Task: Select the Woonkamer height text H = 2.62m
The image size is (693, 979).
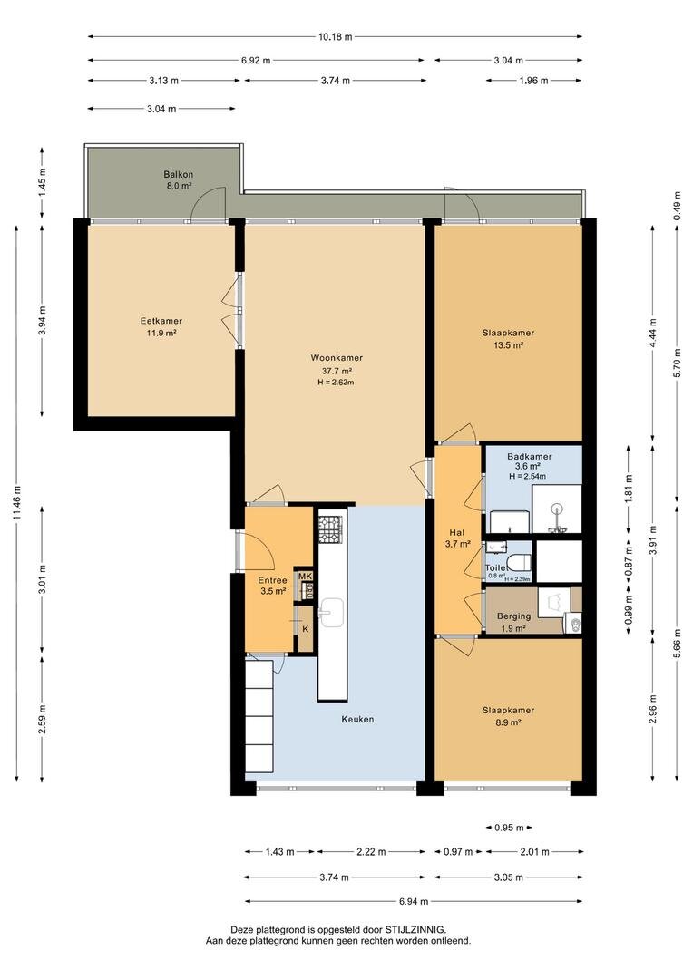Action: (335, 383)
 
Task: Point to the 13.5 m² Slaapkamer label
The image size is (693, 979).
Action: (508, 338)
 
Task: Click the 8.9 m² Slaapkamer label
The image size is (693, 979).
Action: (508, 716)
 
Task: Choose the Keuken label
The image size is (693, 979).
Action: (357, 719)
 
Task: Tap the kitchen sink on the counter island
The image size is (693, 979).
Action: (332, 612)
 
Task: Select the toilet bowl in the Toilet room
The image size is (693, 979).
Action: (520, 562)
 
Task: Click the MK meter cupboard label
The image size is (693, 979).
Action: (306, 577)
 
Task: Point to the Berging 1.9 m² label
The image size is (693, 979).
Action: (513, 622)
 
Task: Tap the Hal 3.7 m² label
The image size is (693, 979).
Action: (458, 538)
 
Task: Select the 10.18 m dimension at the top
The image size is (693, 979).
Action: (335, 37)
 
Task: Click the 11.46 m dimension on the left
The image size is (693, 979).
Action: (17, 503)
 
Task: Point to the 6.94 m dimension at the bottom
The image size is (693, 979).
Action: (413, 902)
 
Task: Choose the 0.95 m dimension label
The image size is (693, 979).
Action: (508, 828)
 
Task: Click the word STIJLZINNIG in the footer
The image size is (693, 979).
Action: (415, 930)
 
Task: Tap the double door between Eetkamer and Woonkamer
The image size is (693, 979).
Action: (239, 313)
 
